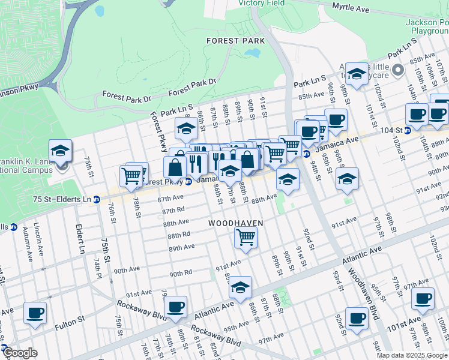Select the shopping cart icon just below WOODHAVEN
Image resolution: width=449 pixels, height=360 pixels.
click(246, 237)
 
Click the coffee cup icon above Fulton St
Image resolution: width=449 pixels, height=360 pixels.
click(35, 313)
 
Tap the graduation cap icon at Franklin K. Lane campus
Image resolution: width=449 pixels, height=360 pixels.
click(60, 150)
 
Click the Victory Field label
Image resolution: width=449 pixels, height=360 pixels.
click(261, 3)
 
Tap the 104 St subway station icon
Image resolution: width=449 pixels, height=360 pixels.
click(408, 130)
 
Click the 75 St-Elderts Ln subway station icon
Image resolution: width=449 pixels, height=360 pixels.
click(96, 199)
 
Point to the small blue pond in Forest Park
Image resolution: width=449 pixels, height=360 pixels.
click(252, 53)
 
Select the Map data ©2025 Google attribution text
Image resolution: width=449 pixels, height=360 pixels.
click(412, 355)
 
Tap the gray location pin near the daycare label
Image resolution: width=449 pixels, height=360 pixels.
click(397, 71)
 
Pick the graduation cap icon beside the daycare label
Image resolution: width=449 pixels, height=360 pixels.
click(357, 74)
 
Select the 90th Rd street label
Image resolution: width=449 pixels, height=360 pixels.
click(180, 273)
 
